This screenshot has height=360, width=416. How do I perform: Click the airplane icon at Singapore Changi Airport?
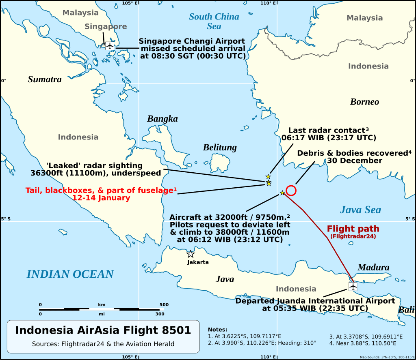pos(110,46)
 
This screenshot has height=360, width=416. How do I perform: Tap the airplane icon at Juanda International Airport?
pos(353,287)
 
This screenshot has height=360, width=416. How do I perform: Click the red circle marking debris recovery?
pos(291,191)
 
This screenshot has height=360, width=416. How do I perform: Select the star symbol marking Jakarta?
pos(190,254)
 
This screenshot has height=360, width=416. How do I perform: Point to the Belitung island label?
pos(219,147)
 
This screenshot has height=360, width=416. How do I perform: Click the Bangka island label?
pos(162,119)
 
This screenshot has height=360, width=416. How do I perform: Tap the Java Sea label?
pos(360,210)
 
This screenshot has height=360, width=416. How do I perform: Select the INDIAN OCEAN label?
pos(70,274)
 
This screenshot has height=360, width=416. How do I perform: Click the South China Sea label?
pos(214,21)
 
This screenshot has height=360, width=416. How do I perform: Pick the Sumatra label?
pos(45,79)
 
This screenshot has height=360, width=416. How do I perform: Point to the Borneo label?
pos(364,102)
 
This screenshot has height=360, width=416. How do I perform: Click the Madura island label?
pos(373,268)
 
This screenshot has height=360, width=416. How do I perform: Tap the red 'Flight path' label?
pos(353,229)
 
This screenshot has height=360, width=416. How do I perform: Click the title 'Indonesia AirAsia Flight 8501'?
pos(103,330)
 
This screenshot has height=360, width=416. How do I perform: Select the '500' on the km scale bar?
pos(164,304)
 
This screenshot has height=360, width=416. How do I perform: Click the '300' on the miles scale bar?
pos(160,314)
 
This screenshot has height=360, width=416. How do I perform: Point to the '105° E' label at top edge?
pos(130,3)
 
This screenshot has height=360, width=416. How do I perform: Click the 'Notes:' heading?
pos(217,330)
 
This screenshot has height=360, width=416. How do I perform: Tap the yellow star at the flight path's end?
pos(282,193)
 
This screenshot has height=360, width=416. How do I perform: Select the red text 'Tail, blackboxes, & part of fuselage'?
pos(101,191)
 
